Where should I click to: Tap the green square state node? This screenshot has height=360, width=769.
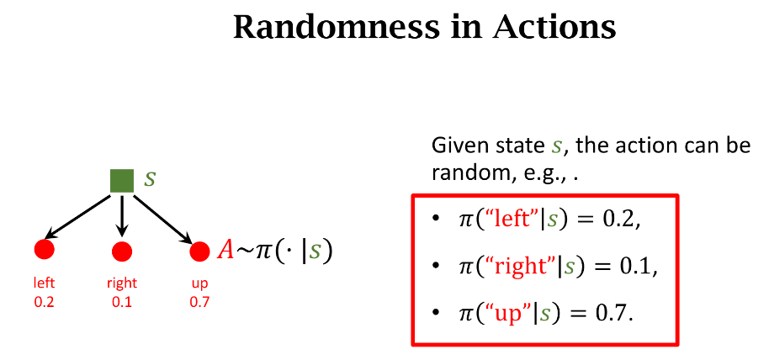[x=122, y=181]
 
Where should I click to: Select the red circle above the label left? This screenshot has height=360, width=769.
[x=44, y=250]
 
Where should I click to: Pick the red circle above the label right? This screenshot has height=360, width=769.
[x=122, y=251]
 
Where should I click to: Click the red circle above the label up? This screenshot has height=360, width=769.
[x=199, y=251]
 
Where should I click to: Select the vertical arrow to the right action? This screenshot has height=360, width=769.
[x=122, y=216]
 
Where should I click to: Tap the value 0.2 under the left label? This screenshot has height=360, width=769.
[x=44, y=302]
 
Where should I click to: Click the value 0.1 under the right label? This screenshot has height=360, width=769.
[x=122, y=302]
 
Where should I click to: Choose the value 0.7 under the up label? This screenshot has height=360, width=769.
[x=199, y=302]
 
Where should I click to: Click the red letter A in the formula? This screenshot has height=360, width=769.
[x=225, y=251]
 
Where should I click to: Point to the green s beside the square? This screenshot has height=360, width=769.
[x=150, y=178]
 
